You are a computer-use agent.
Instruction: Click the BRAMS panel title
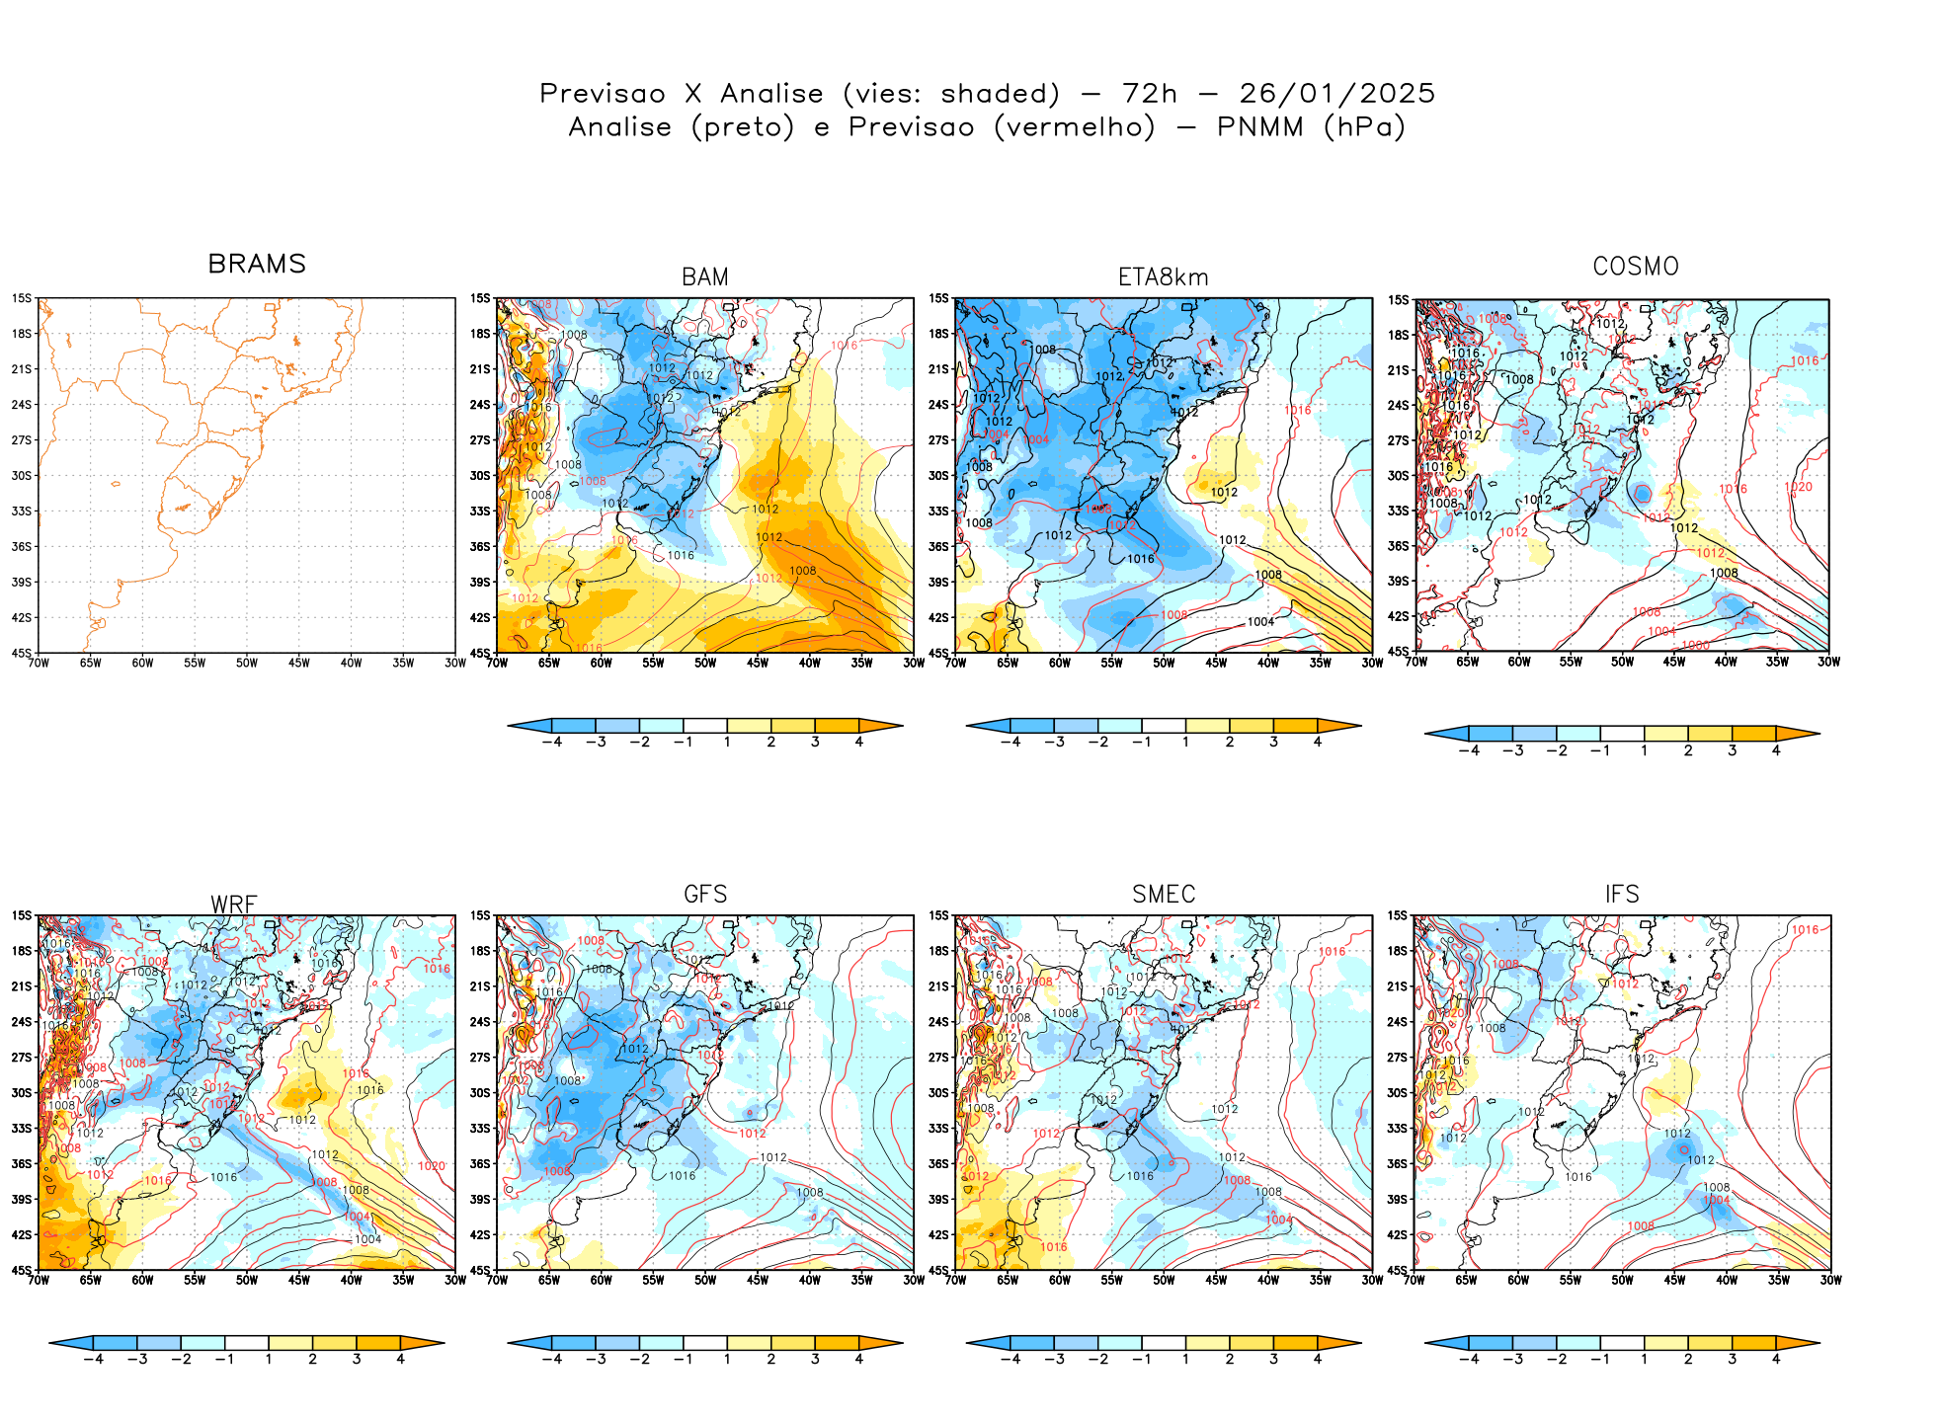pyautogui.click(x=257, y=264)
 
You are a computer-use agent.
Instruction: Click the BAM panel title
pyautogui.click(x=704, y=277)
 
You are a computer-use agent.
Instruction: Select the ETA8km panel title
pyautogui.click(x=1163, y=277)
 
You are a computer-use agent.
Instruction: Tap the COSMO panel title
pyautogui.click(x=1635, y=267)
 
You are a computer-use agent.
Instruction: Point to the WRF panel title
pyautogui.click(x=234, y=905)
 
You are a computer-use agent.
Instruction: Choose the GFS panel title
pyautogui.click(x=705, y=894)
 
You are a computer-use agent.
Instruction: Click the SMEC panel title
pyautogui.click(x=1164, y=894)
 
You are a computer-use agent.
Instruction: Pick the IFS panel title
pyautogui.click(x=1622, y=894)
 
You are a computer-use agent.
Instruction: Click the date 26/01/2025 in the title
pyautogui.click(x=1336, y=94)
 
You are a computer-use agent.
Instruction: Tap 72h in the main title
pyautogui.click(x=1150, y=94)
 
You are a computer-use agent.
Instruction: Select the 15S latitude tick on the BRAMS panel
pyautogui.click(x=22, y=298)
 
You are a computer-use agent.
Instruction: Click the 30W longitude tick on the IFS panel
pyautogui.click(x=1830, y=1280)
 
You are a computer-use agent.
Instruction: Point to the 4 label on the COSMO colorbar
pyautogui.click(x=1776, y=750)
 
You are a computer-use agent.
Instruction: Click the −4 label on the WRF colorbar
pyautogui.click(x=93, y=1359)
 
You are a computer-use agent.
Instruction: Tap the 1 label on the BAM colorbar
pyautogui.click(x=727, y=742)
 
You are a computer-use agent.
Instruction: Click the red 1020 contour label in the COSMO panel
pyautogui.click(x=1798, y=487)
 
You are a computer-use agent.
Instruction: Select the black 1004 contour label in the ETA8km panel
pyautogui.click(x=1260, y=622)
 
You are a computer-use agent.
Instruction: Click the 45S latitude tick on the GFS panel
pyautogui.click(x=480, y=1270)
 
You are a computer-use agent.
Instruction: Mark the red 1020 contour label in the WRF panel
pyautogui.click(x=432, y=1166)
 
